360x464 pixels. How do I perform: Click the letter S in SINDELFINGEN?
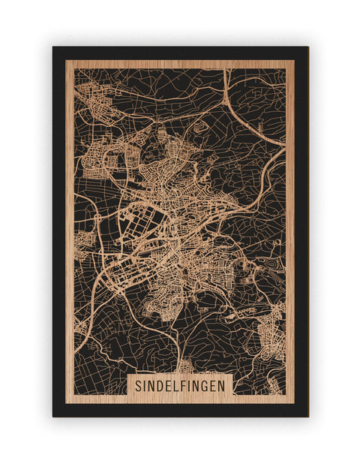[x=139, y=384]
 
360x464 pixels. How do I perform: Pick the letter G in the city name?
[x=207, y=384]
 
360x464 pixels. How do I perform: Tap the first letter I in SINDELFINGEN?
[x=145, y=384]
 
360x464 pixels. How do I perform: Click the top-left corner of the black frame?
[x=53, y=47]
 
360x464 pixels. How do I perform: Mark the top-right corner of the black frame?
[x=308, y=47]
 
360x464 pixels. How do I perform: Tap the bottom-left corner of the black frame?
[x=53, y=416]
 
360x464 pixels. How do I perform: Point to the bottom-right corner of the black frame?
[x=308, y=416]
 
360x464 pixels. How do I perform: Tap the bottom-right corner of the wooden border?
[x=294, y=402]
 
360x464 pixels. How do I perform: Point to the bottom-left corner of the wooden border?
[x=66, y=402]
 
